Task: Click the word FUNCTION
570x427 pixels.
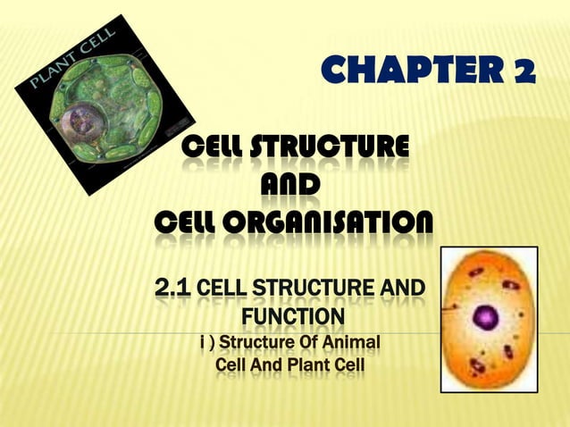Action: (x=291, y=317)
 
